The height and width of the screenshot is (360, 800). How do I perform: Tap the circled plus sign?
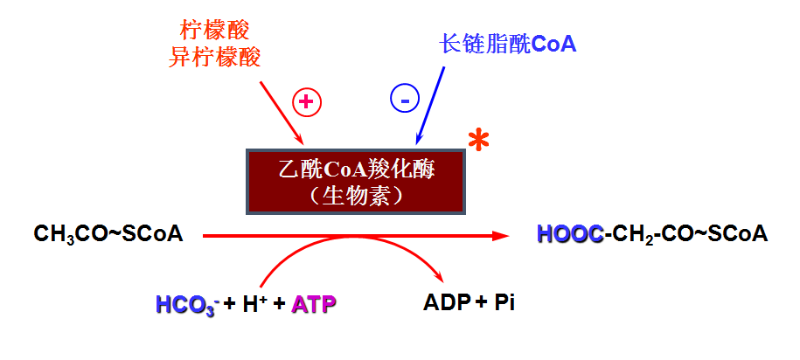click(x=306, y=102)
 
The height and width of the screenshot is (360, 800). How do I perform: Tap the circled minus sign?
click(x=405, y=100)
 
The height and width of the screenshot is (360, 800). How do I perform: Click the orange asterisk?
click(x=477, y=141)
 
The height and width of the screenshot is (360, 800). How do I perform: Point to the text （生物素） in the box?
click(x=356, y=196)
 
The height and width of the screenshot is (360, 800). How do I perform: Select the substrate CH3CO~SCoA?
click(x=108, y=234)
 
